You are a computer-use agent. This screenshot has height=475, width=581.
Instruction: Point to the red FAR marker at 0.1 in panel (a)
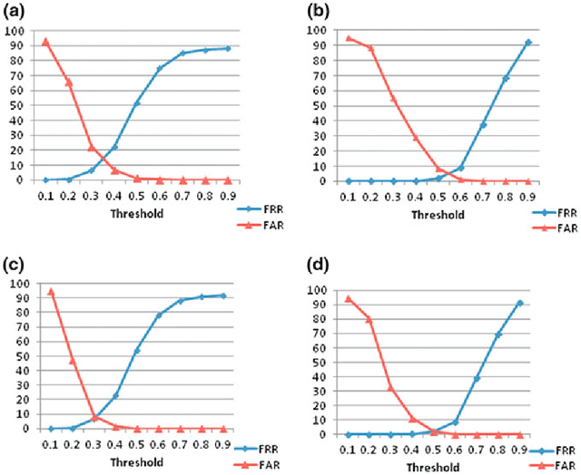[x=45, y=41]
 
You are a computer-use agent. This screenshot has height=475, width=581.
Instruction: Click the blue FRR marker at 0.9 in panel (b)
[x=528, y=43]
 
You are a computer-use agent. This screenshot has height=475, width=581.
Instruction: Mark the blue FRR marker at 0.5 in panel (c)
[x=137, y=350]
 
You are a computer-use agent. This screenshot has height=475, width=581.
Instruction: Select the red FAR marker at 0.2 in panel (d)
[x=369, y=319]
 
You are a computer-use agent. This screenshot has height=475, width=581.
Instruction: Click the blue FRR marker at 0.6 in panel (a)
[x=160, y=68]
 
